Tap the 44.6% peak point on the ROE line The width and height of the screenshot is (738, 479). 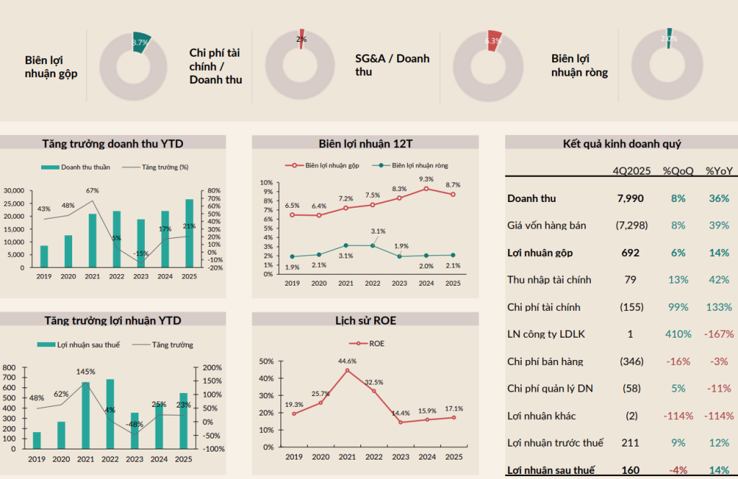point(347,371)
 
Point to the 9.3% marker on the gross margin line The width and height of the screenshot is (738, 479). point(426,189)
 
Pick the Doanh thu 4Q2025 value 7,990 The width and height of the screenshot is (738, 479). point(629,198)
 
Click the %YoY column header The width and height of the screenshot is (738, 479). point(718,171)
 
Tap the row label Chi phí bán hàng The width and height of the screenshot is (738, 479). point(546,361)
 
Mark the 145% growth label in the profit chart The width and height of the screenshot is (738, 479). point(86,372)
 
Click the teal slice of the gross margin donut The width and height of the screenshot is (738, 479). point(143,42)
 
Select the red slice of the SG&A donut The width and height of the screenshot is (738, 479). point(494,40)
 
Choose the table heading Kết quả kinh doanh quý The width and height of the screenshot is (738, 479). point(621,144)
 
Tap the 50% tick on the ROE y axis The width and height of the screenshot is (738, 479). point(266,361)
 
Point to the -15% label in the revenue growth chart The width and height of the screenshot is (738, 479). point(141,253)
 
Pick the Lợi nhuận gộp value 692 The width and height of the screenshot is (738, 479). point(630,253)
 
